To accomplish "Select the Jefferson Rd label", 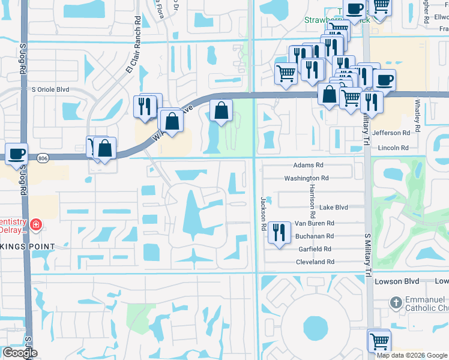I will click(391, 133).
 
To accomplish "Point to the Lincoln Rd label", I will click(393, 148).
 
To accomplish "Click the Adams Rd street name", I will click(308, 164).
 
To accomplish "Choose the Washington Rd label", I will click(306, 178).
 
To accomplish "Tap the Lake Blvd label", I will click(334, 208).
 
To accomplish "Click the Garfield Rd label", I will click(315, 249).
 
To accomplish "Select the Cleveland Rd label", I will click(315, 262).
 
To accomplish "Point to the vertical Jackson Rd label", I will click(263, 214).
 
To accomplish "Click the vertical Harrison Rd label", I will click(312, 200).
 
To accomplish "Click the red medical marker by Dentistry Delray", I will click(36, 225).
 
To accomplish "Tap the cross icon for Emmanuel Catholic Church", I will click(396, 302).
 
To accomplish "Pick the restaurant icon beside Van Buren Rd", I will click(278, 231).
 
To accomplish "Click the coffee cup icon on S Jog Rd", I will click(16, 152).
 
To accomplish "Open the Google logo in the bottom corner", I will click(20, 353).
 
